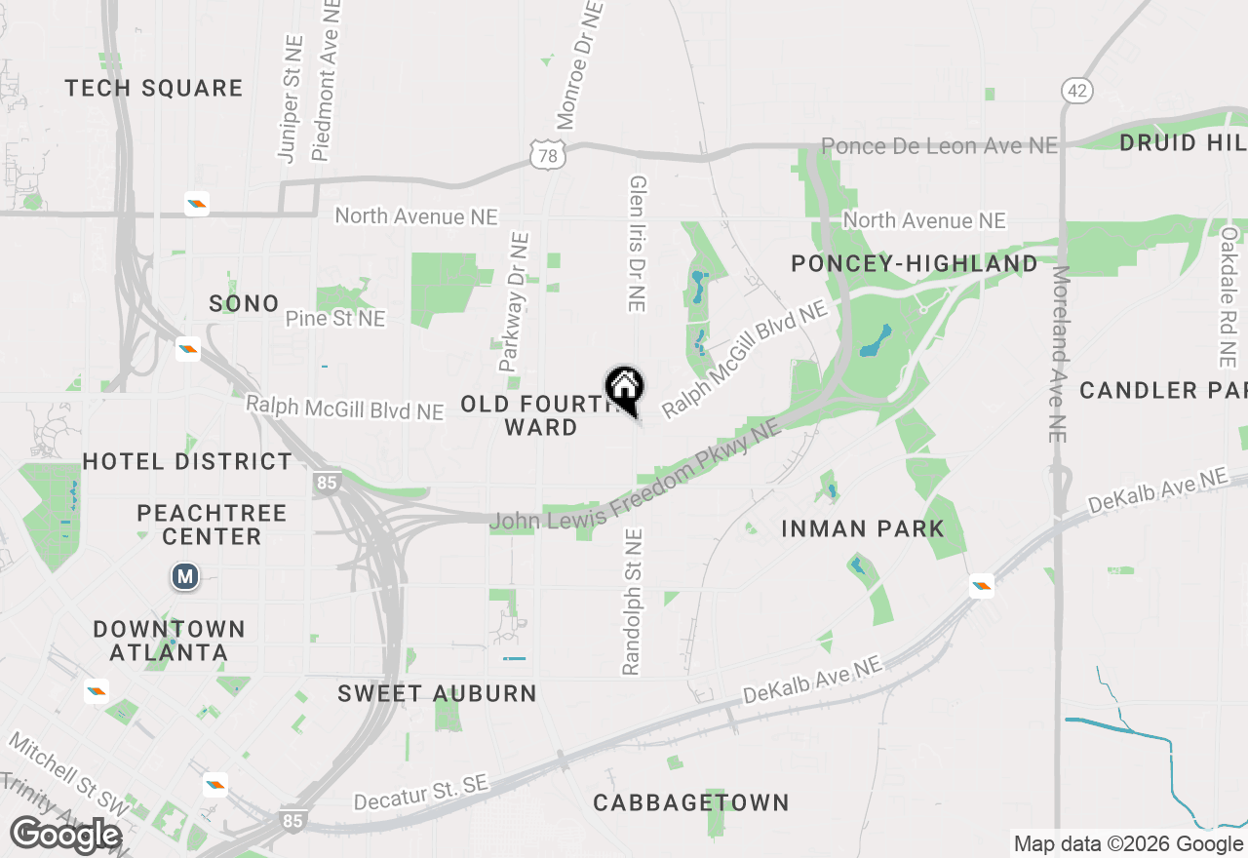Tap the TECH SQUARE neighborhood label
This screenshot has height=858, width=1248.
pyautogui.click(x=154, y=89)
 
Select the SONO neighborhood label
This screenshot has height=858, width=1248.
pyautogui.click(x=244, y=304)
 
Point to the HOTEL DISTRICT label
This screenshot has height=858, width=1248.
pyautogui.click(x=187, y=461)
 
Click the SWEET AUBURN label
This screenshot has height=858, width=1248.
pyautogui.click(x=437, y=694)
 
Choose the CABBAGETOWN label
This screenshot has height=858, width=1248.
pyautogui.click(x=691, y=803)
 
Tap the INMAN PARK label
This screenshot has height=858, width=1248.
pyautogui.click(x=863, y=529)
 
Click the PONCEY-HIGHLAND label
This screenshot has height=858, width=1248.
pyautogui.click(x=915, y=264)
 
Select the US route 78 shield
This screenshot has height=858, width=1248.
pyautogui.click(x=550, y=154)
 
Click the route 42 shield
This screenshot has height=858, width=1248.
pyautogui.click(x=1077, y=91)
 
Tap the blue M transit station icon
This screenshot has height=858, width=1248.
pyautogui.click(x=184, y=576)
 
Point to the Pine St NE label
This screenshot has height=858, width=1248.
pyautogui.click(x=335, y=319)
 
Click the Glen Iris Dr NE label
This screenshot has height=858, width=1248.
pyautogui.click(x=638, y=244)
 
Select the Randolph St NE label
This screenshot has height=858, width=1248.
pyautogui.click(x=633, y=602)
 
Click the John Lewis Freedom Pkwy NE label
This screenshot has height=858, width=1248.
pyautogui.click(x=635, y=479)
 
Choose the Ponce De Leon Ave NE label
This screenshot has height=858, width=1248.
pyautogui.click(x=939, y=146)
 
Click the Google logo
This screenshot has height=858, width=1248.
pyautogui.click(x=65, y=836)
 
